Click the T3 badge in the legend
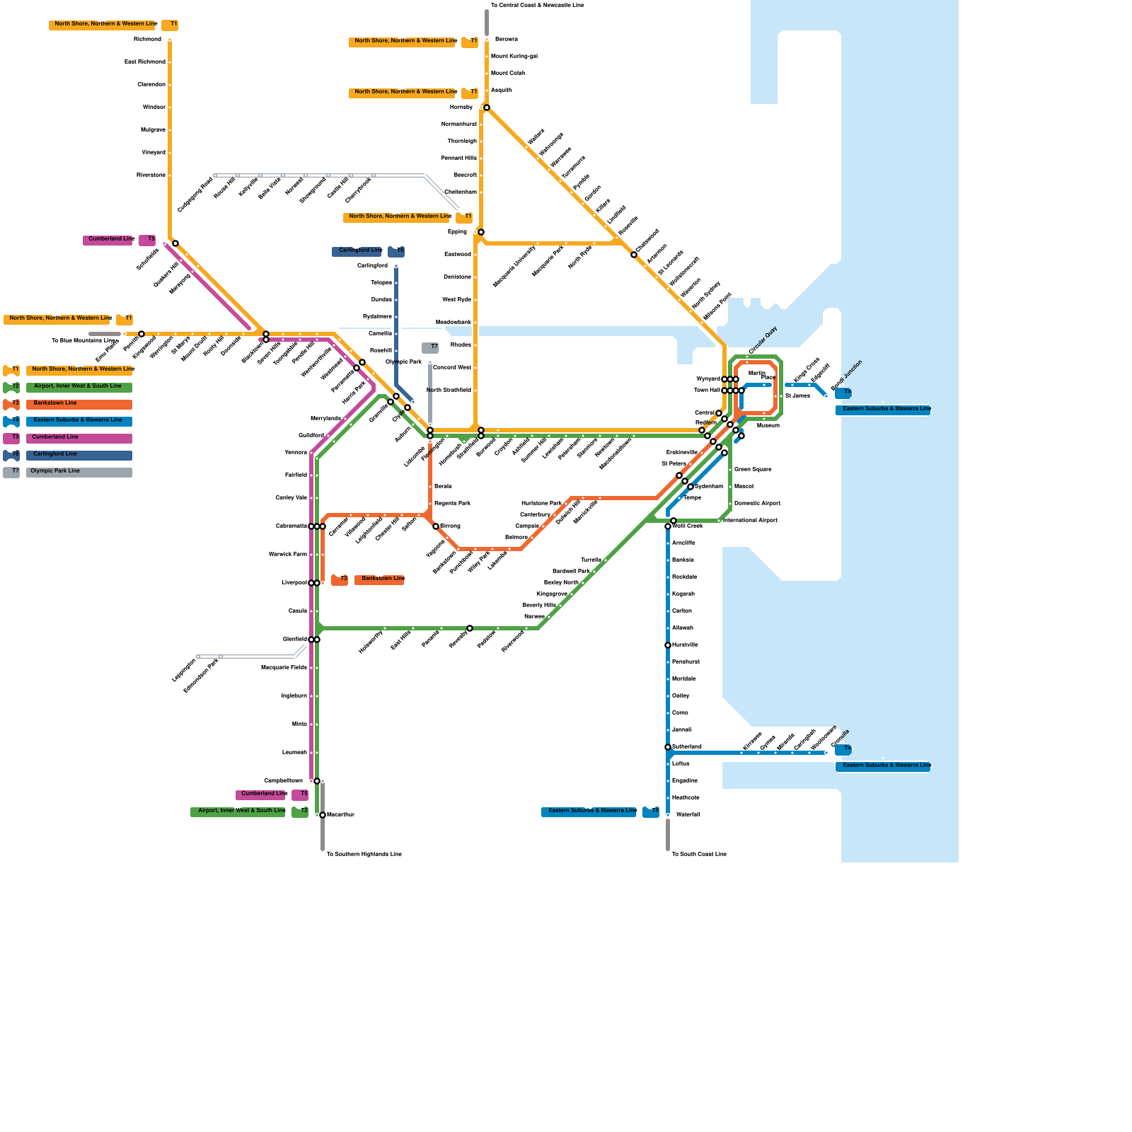(11, 404)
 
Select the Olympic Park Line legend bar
(79, 472)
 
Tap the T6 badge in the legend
(11, 455)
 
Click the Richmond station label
(147, 40)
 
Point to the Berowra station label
(507, 40)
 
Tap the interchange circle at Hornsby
(487, 108)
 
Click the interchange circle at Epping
(481, 232)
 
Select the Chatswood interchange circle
(634, 255)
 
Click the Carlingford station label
(372, 266)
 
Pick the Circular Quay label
(763, 340)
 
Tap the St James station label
(797, 396)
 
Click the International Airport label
(750, 521)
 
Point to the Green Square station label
(753, 470)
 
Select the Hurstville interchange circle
(668, 645)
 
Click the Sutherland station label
(686, 747)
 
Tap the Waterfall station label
(688, 815)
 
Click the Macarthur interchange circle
(323, 815)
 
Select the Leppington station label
(184, 670)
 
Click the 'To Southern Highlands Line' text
(364, 855)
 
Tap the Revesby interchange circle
(470, 628)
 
